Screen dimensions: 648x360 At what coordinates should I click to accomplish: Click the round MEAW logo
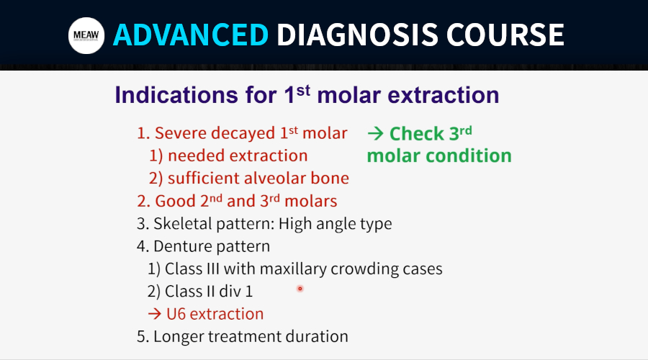86,35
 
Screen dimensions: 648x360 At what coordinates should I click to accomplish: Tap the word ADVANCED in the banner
191,35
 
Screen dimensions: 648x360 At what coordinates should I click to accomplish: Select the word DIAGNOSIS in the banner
357,35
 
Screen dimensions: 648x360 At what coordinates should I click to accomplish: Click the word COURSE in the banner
505,35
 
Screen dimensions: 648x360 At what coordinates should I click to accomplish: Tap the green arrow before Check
375,133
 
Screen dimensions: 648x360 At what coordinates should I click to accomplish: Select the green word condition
469,156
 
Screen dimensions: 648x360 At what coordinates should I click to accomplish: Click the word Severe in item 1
181,133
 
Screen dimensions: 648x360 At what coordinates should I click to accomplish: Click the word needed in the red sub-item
197,156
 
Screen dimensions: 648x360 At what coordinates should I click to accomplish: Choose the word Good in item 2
175,201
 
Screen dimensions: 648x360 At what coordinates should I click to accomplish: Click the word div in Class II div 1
230,292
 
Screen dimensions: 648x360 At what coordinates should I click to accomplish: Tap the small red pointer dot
300,289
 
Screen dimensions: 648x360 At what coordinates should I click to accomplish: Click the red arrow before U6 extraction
155,314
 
